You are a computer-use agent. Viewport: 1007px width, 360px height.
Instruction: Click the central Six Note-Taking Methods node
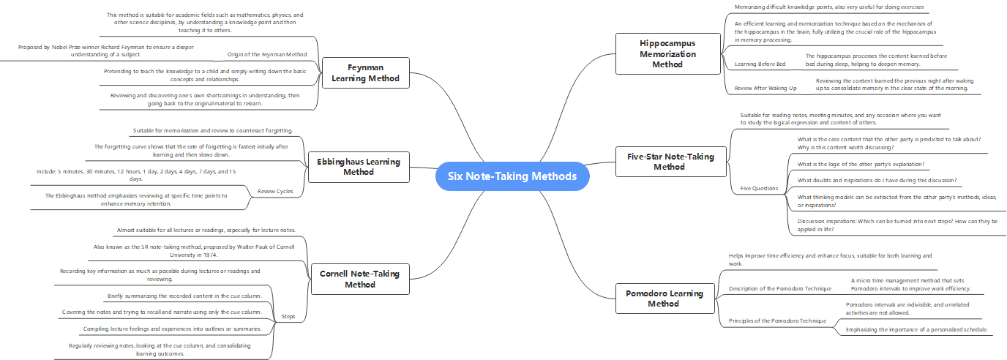tap(512, 176)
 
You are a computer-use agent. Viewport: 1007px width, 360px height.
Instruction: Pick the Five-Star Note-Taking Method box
tap(660, 161)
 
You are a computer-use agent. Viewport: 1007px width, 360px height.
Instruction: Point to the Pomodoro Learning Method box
tap(664, 298)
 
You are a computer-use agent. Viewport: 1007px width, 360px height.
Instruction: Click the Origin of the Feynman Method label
tap(267, 54)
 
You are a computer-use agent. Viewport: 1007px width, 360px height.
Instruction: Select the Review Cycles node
tap(275, 192)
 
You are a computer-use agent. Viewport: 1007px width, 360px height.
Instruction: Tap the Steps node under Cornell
tap(289, 316)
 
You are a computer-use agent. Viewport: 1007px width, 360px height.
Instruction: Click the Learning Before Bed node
tap(760, 64)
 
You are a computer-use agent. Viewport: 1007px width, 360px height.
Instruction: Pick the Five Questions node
tap(759, 188)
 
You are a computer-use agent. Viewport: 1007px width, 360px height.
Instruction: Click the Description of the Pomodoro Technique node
tap(779, 288)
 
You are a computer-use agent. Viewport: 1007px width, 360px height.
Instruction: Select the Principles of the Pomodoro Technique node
tap(779, 320)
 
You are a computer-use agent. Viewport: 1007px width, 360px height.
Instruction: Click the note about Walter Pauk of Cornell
tap(194, 251)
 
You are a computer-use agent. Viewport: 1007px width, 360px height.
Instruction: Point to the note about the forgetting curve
tap(192, 150)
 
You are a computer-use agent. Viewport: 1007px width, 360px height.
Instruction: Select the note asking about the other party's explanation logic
tap(862, 164)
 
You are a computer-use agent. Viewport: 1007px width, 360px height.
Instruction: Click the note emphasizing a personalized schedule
tap(916, 329)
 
